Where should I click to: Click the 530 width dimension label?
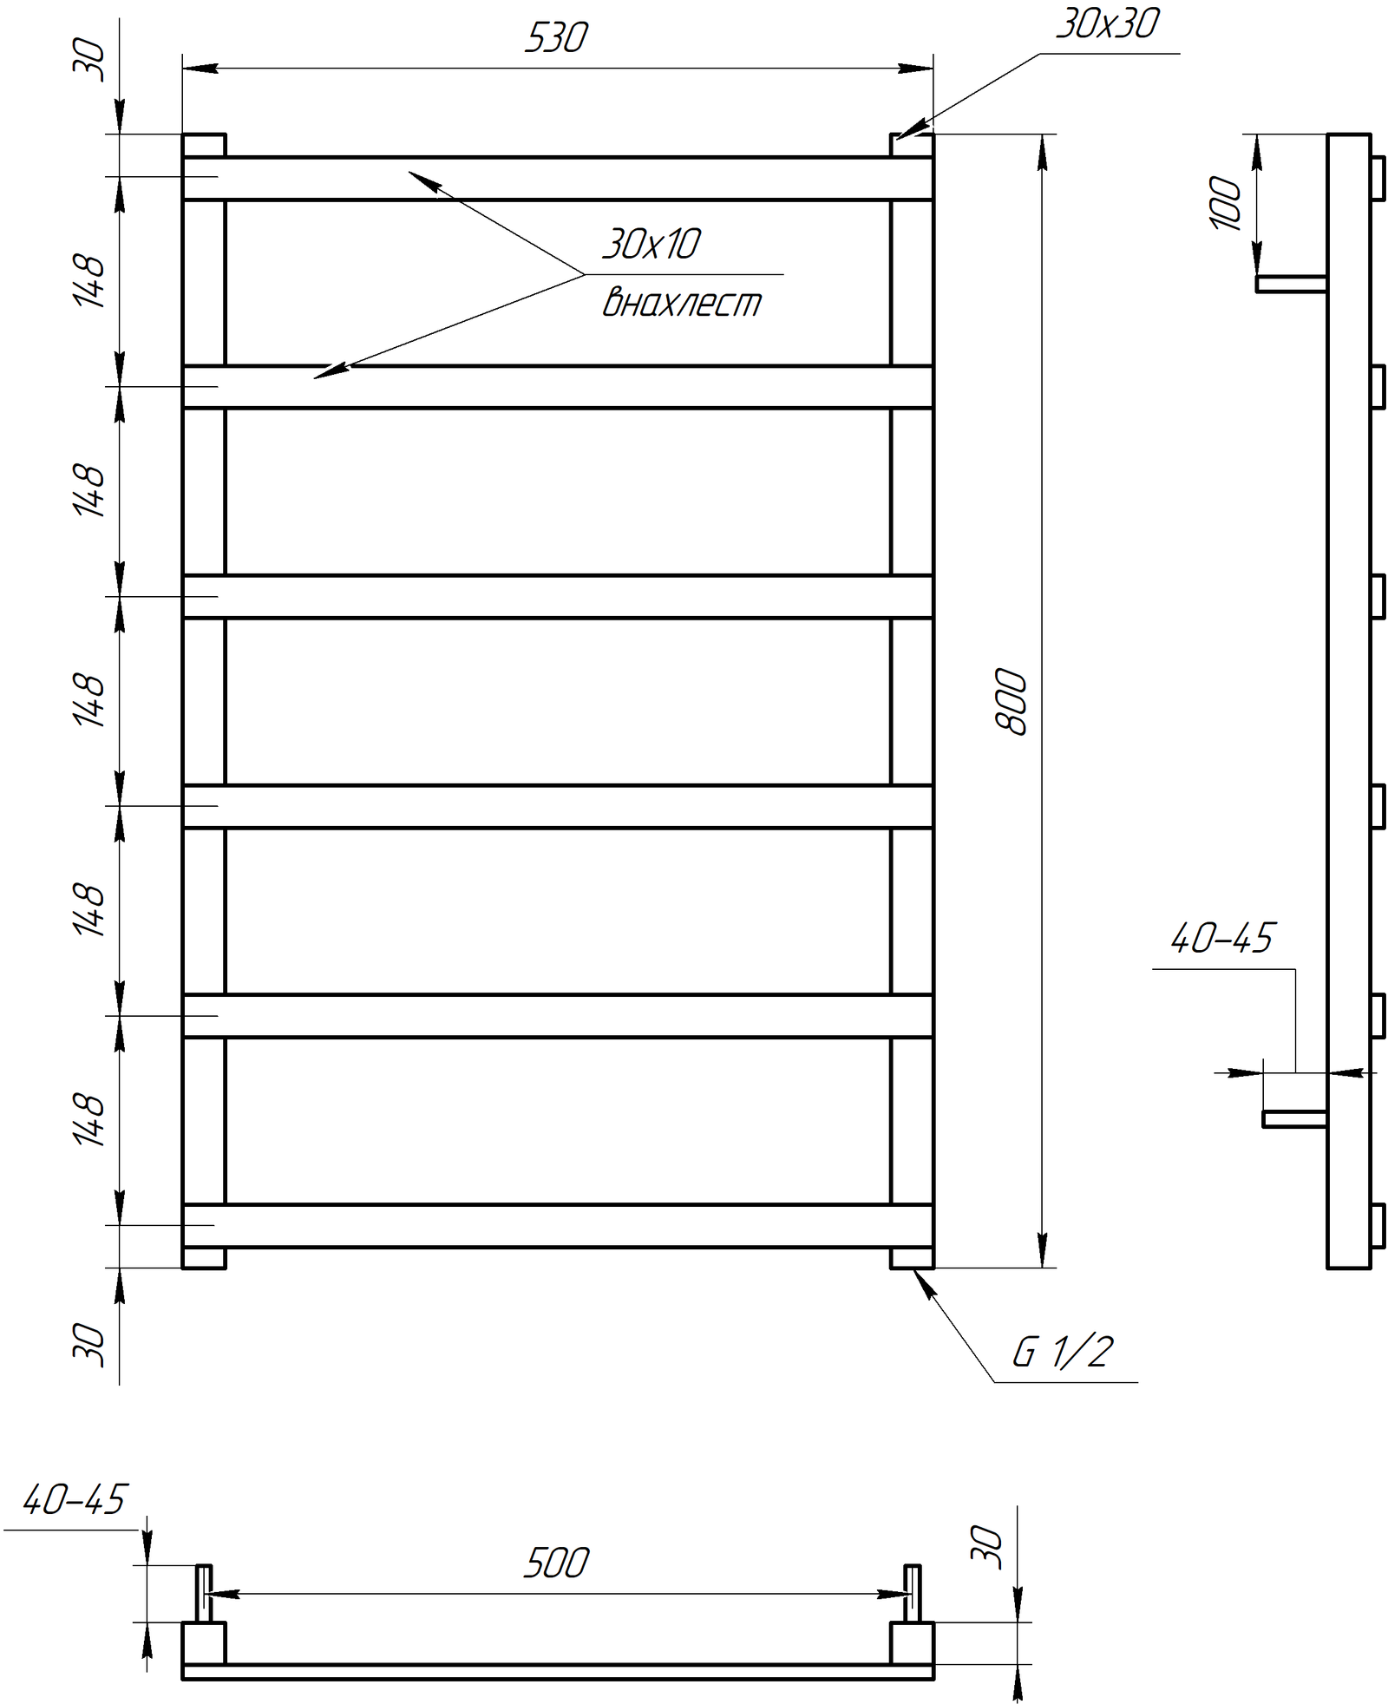click(556, 37)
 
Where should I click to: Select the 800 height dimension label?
click(1011, 702)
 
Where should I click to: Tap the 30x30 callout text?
click(1107, 23)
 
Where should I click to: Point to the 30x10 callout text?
click(651, 244)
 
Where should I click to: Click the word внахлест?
click(682, 302)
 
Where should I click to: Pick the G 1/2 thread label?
click(1063, 1352)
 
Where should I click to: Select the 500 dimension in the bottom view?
click(556, 1563)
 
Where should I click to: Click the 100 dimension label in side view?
click(1225, 203)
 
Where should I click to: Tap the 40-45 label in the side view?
click(1222, 938)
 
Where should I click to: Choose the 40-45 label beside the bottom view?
click(75, 1500)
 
